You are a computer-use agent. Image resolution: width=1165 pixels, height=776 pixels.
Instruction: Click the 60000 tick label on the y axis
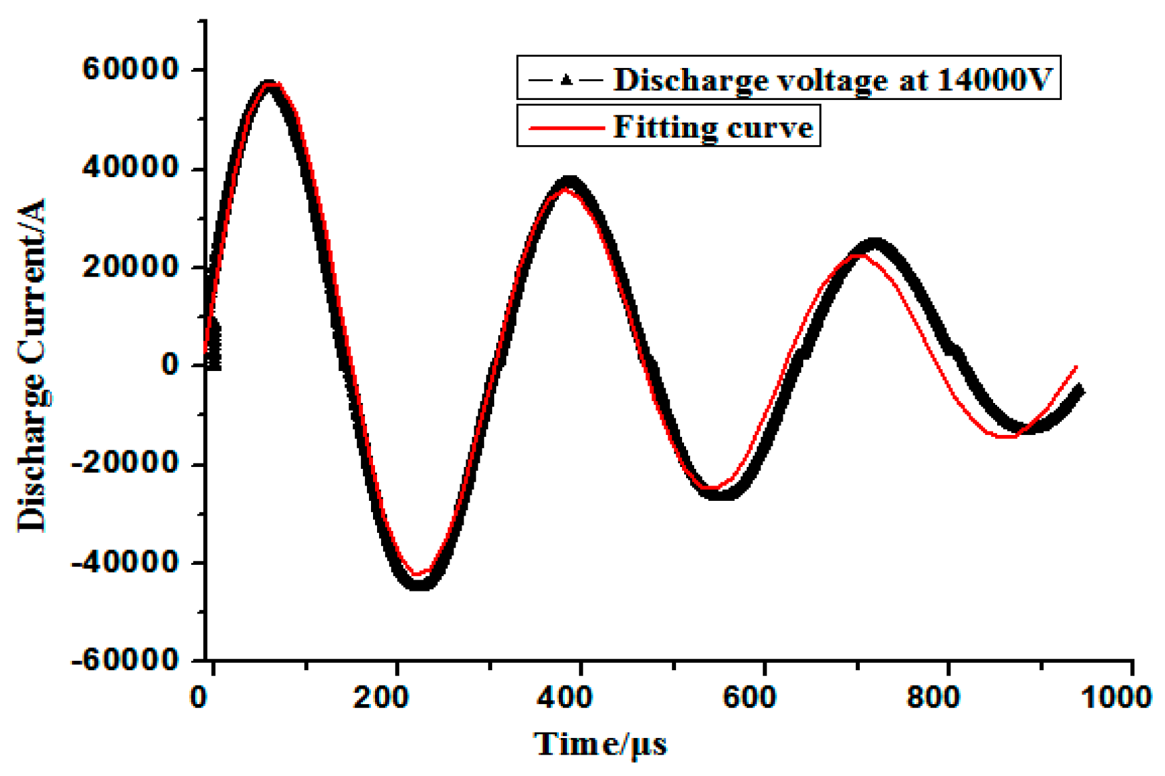pos(131,69)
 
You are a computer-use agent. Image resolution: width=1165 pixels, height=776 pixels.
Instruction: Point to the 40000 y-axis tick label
pos(131,168)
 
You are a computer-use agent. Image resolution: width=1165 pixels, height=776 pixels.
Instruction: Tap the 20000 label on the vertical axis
pos(131,266)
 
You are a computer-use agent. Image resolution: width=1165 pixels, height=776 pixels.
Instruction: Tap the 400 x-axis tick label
pos(565,698)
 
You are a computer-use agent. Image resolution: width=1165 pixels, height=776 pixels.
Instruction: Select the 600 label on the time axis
pos(749,698)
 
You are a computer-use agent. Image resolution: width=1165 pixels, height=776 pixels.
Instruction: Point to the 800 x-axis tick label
pos(933,698)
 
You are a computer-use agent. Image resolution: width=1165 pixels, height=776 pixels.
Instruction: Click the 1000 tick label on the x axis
pos(1116,698)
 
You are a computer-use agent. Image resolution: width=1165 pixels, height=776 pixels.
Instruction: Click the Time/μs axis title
pos(600,745)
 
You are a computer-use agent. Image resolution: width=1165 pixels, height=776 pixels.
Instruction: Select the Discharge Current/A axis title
pos(32,365)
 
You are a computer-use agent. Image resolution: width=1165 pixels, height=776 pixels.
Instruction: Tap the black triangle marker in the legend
pos(566,81)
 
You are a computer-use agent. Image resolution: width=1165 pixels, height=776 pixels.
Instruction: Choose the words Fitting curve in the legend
pos(713,127)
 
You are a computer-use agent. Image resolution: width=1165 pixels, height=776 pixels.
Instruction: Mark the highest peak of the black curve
pos(268,85)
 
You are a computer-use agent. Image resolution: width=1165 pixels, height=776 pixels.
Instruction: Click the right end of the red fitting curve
pos(1076,367)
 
